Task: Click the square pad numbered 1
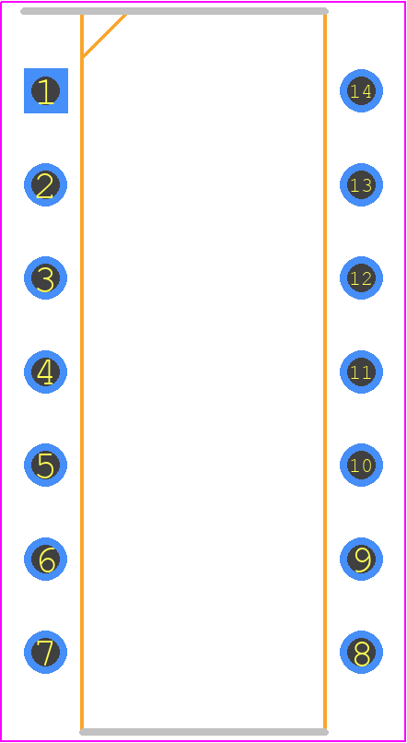46,91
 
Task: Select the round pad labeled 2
45,184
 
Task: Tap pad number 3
45,278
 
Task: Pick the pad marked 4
45,372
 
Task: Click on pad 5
45,466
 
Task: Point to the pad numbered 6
45,560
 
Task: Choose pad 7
45,653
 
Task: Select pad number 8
362,653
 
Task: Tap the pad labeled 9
362,560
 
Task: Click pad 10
362,466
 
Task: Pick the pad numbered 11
362,372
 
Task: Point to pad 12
362,278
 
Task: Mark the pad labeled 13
362,184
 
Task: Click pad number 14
362,91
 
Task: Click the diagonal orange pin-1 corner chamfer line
104,37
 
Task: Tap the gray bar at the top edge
174,11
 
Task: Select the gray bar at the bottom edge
204,732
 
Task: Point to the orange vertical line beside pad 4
82,372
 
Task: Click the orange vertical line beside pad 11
325,372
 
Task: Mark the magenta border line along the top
203,2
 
